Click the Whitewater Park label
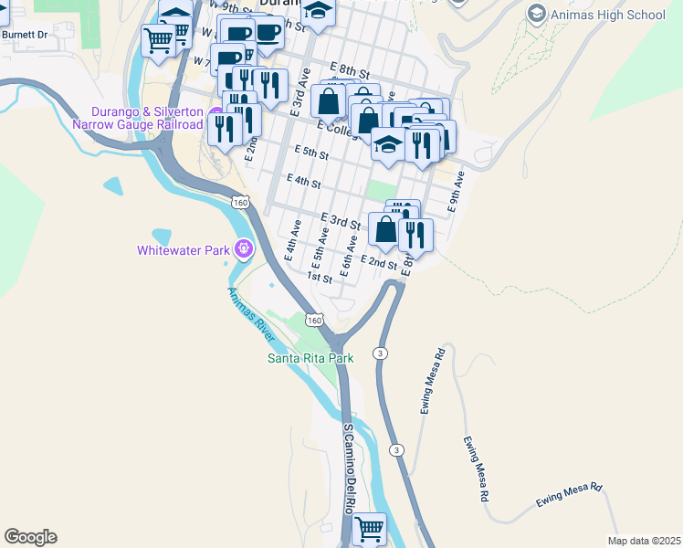[184, 249]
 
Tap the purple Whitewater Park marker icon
[243, 248]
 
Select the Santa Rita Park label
[310, 358]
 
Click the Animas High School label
[609, 15]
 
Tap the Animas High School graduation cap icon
[537, 14]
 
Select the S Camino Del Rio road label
[349, 466]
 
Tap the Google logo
[30, 537]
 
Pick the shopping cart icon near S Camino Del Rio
[369, 528]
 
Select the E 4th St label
[303, 181]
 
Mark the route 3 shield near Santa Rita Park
[377, 353]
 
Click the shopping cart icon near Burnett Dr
[159, 40]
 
